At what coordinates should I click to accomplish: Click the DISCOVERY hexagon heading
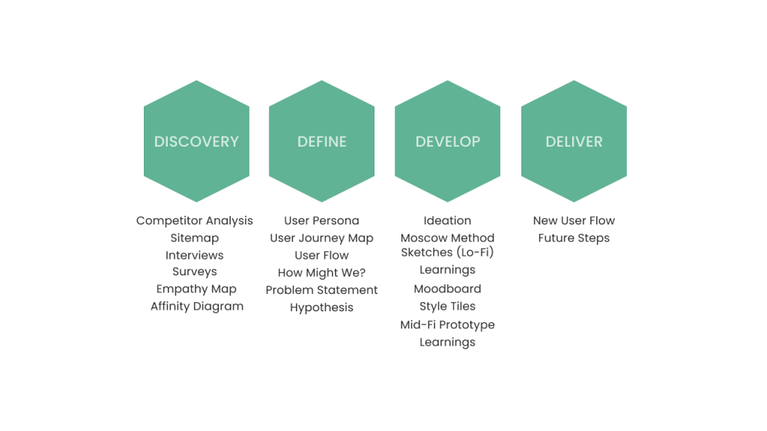(x=196, y=141)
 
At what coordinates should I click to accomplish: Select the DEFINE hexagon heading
(x=322, y=141)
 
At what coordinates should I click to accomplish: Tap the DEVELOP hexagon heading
(x=448, y=141)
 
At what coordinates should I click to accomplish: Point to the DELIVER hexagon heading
(x=574, y=141)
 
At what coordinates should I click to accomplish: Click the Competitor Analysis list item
(x=195, y=221)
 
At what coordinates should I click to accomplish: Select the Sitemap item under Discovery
(x=195, y=238)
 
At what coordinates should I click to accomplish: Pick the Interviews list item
(x=195, y=255)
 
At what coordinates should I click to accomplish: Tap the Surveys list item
(x=195, y=272)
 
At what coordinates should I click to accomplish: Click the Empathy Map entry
(x=196, y=290)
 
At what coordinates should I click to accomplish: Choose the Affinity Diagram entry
(x=197, y=306)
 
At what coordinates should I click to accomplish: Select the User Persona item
(x=321, y=221)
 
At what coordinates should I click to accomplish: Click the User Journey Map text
(x=321, y=238)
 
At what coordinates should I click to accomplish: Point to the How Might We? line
(x=321, y=272)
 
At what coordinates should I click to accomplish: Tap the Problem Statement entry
(x=321, y=290)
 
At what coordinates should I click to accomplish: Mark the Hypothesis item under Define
(x=321, y=308)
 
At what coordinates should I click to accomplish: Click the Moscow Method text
(x=448, y=238)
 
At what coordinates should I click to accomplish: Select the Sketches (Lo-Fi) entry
(x=447, y=252)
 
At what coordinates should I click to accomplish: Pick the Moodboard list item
(x=447, y=289)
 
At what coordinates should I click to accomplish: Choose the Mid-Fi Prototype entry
(x=447, y=325)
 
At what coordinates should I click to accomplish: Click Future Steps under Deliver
(x=574, y=238)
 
